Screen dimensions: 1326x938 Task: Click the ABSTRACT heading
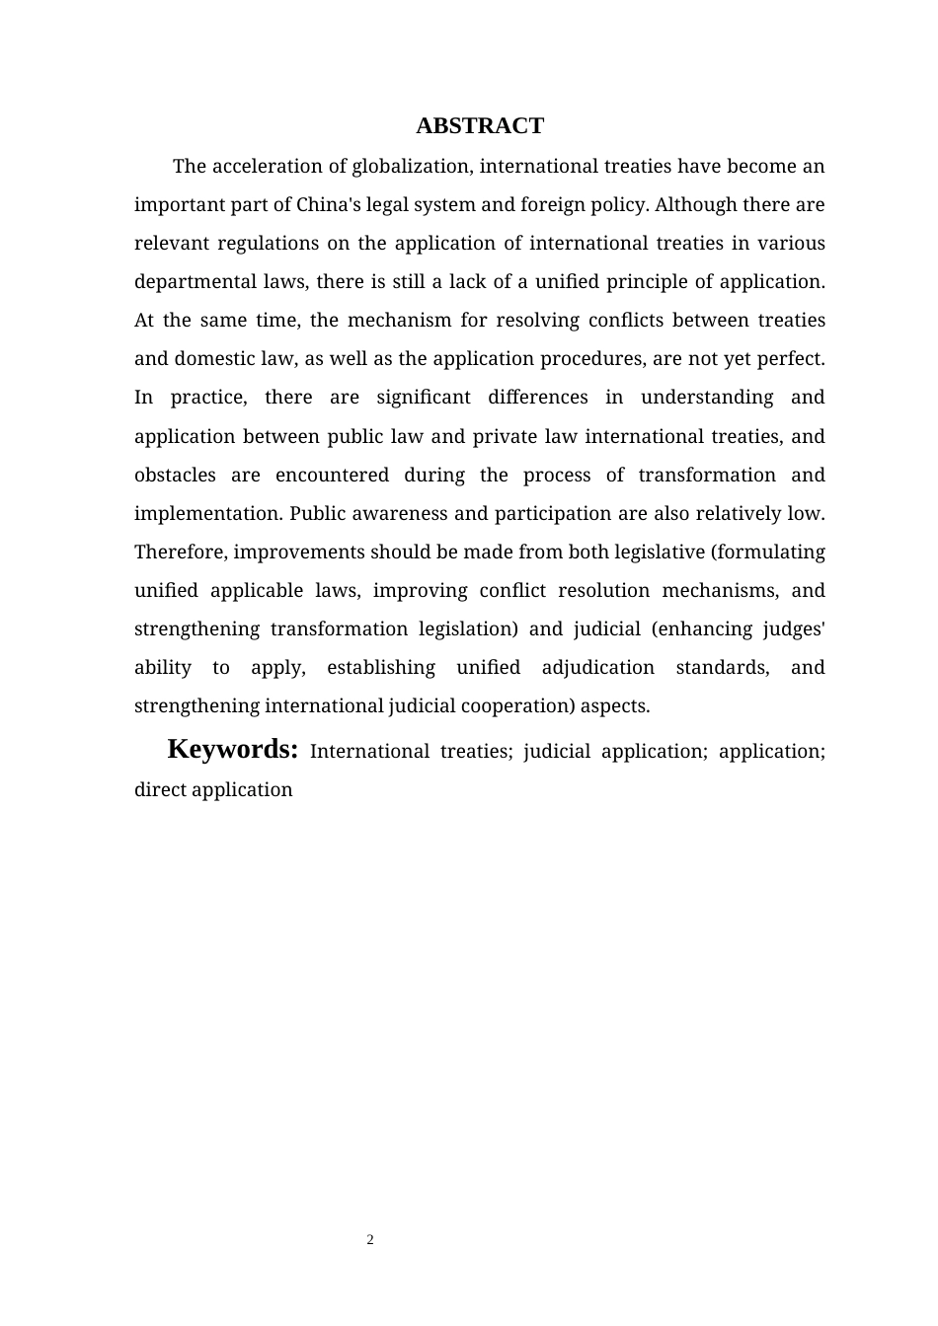pos(480,126)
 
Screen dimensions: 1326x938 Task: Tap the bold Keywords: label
pos(233,750)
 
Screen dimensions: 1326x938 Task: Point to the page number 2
pos(370,1240)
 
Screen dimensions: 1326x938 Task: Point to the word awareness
pos(398,514)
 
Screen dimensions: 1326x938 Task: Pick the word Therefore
pos(181,552)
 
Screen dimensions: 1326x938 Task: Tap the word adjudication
pos(598,668)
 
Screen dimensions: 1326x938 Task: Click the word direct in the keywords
pos(160,790)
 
